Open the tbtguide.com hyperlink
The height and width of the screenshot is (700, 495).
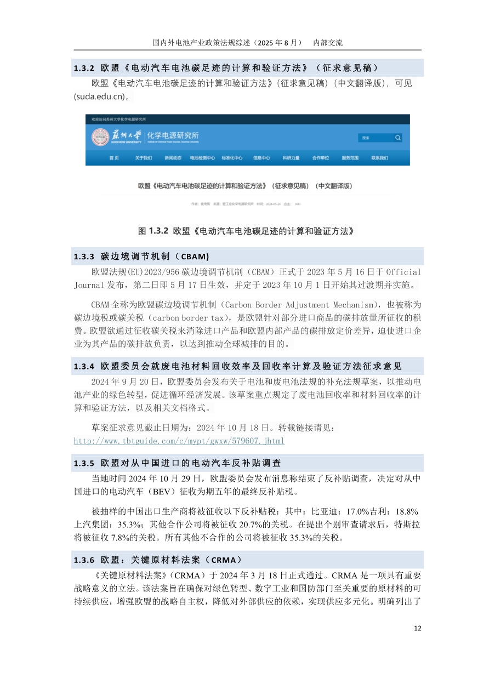coord(179,441)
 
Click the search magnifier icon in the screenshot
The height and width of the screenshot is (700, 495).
coord(398,138)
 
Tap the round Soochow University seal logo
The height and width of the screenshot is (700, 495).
coord(100,138)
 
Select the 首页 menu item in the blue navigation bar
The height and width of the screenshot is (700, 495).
coord(114,158)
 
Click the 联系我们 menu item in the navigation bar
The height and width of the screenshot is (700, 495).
coord(379,158)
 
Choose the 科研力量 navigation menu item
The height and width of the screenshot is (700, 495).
coord(291,158)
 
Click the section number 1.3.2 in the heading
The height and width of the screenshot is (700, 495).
coord(84,68)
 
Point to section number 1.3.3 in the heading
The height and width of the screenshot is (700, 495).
coord(84,257)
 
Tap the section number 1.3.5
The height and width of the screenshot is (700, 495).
coord(84,463)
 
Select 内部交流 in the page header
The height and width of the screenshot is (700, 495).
coord(327,42)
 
